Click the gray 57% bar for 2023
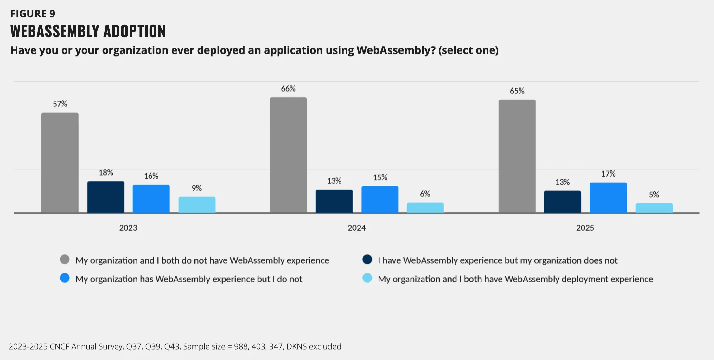(60, 163)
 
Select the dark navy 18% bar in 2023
(106, 197)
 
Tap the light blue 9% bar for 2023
(197, 205)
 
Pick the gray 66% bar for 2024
(288, 155)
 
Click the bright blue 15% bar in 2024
(380, 199)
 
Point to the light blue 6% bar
(425, 208)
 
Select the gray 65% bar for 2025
(517, 156)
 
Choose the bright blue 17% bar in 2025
(608, 197)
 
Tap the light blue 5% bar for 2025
(654, 208)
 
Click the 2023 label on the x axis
(128, 228)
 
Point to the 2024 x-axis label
(357, 228)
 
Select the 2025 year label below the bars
(585, 228)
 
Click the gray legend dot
(65, 260)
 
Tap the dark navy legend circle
(367, 260)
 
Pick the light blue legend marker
(367, 278)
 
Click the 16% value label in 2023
(151, 176)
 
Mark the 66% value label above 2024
(288, 89)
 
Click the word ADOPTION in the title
(134, 31)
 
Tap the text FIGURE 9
(33, 14)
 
